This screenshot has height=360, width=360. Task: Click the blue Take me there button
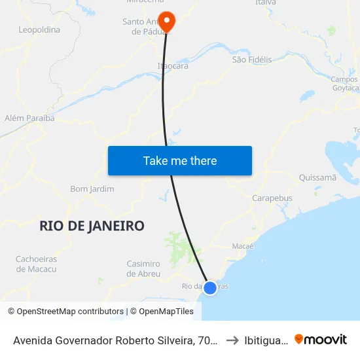pos(180,160)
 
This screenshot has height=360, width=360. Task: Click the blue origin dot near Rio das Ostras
pos(210,287)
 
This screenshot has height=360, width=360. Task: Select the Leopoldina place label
pos(39,29)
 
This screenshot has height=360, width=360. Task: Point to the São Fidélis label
pos(252,60)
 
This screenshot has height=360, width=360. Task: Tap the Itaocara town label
pos(173,66)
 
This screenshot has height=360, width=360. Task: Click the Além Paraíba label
pos(29,118)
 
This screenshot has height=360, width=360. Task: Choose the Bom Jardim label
pos(92,189)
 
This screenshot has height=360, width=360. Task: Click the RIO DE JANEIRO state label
pos(92,226)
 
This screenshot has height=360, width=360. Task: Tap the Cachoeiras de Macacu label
pos(37,264)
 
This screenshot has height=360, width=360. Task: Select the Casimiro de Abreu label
pos(143,268)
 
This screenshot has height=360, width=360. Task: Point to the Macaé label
pos(243,246)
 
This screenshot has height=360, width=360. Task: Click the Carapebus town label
pos(272,198)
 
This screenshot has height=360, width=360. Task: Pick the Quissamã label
pos(317,177)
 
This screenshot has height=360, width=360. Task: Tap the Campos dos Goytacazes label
pos(345,84)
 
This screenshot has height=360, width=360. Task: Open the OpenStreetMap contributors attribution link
pos(66,312)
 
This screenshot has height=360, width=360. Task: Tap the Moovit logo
pos(321,339)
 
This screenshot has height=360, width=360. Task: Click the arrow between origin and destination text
pos(232,340)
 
